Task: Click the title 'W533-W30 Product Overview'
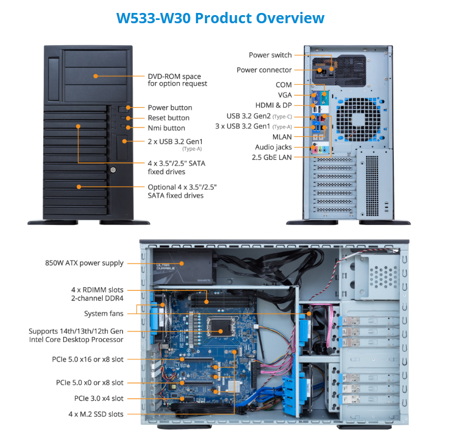click(x=220, y=18)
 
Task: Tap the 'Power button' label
click(x=170, y=107)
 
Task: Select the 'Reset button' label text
click(x=168, y=118)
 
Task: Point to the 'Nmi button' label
click(x=166, y=128)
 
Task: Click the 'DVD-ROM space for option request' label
click(x=177, y=80)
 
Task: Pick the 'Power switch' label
click(x=270, y=55)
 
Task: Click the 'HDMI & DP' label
click(x=274, y=105)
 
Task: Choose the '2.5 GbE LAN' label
click(x=271, y=158)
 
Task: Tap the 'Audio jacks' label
click(x=274, y=147)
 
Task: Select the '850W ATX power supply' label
click(x=84, y=263)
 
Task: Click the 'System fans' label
click(x=104, y=313)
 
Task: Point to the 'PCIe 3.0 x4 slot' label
click(x=99, y=398)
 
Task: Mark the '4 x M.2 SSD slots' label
click(x=96, y=414)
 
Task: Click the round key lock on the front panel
click(x=113, y=170)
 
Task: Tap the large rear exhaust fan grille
click(x=358, y=119)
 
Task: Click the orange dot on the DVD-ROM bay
click(x=96, y=76)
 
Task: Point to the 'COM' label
click(x=284, y=85)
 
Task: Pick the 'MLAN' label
click(x=282, y=137)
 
